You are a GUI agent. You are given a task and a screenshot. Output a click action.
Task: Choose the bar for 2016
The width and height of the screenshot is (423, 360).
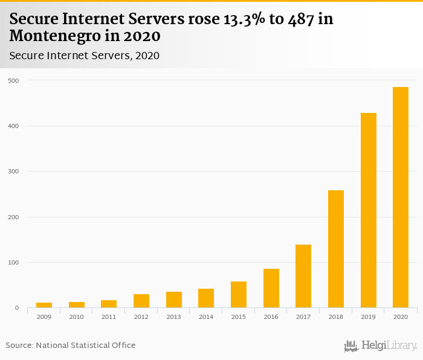tap(271, 288)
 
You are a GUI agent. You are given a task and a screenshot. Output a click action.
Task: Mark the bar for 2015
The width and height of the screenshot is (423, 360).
tap(239, 295)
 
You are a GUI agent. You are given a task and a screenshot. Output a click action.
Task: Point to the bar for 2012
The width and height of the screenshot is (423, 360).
tap(141, 301)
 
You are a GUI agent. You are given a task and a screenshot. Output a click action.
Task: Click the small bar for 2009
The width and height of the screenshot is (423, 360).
tap(44, 305)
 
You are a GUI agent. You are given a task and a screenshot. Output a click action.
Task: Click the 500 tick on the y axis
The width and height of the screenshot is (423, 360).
tap(13, 80)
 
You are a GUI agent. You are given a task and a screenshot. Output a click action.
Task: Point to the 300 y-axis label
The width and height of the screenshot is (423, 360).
tap(13, 172)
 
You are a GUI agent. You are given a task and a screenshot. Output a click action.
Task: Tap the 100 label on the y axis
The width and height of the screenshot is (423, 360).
tap(13, 263)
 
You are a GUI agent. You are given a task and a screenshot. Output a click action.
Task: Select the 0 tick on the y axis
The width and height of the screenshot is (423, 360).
tap(16, 308)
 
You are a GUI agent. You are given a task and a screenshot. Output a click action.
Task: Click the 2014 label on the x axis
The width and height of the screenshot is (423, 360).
tap(206, 317)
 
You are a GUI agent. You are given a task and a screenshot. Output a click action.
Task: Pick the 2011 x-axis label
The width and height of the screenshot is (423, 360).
tap(109, 317)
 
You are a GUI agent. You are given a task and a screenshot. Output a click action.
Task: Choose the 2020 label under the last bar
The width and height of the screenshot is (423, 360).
tap(401, 317)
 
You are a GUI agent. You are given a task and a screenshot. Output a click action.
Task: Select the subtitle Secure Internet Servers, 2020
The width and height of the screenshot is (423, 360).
tap(85, 56)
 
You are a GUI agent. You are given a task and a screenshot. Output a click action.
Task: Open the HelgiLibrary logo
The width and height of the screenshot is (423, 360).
tap(380, 346)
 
